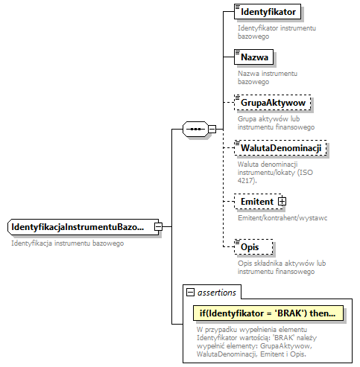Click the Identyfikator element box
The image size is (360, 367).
tap(268, 13)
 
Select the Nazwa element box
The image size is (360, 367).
tap(254, 57)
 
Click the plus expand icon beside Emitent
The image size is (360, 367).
tap(282, 201)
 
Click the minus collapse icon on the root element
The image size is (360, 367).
tap(158, 226)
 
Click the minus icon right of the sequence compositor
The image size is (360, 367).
tap(212, 129)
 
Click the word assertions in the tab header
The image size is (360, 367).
tap(218, 293)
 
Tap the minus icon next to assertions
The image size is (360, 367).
tap(190, 293)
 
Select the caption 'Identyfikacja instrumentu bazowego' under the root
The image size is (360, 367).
tap(67, 243)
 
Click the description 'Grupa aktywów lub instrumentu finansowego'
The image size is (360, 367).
tap(276, 122)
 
